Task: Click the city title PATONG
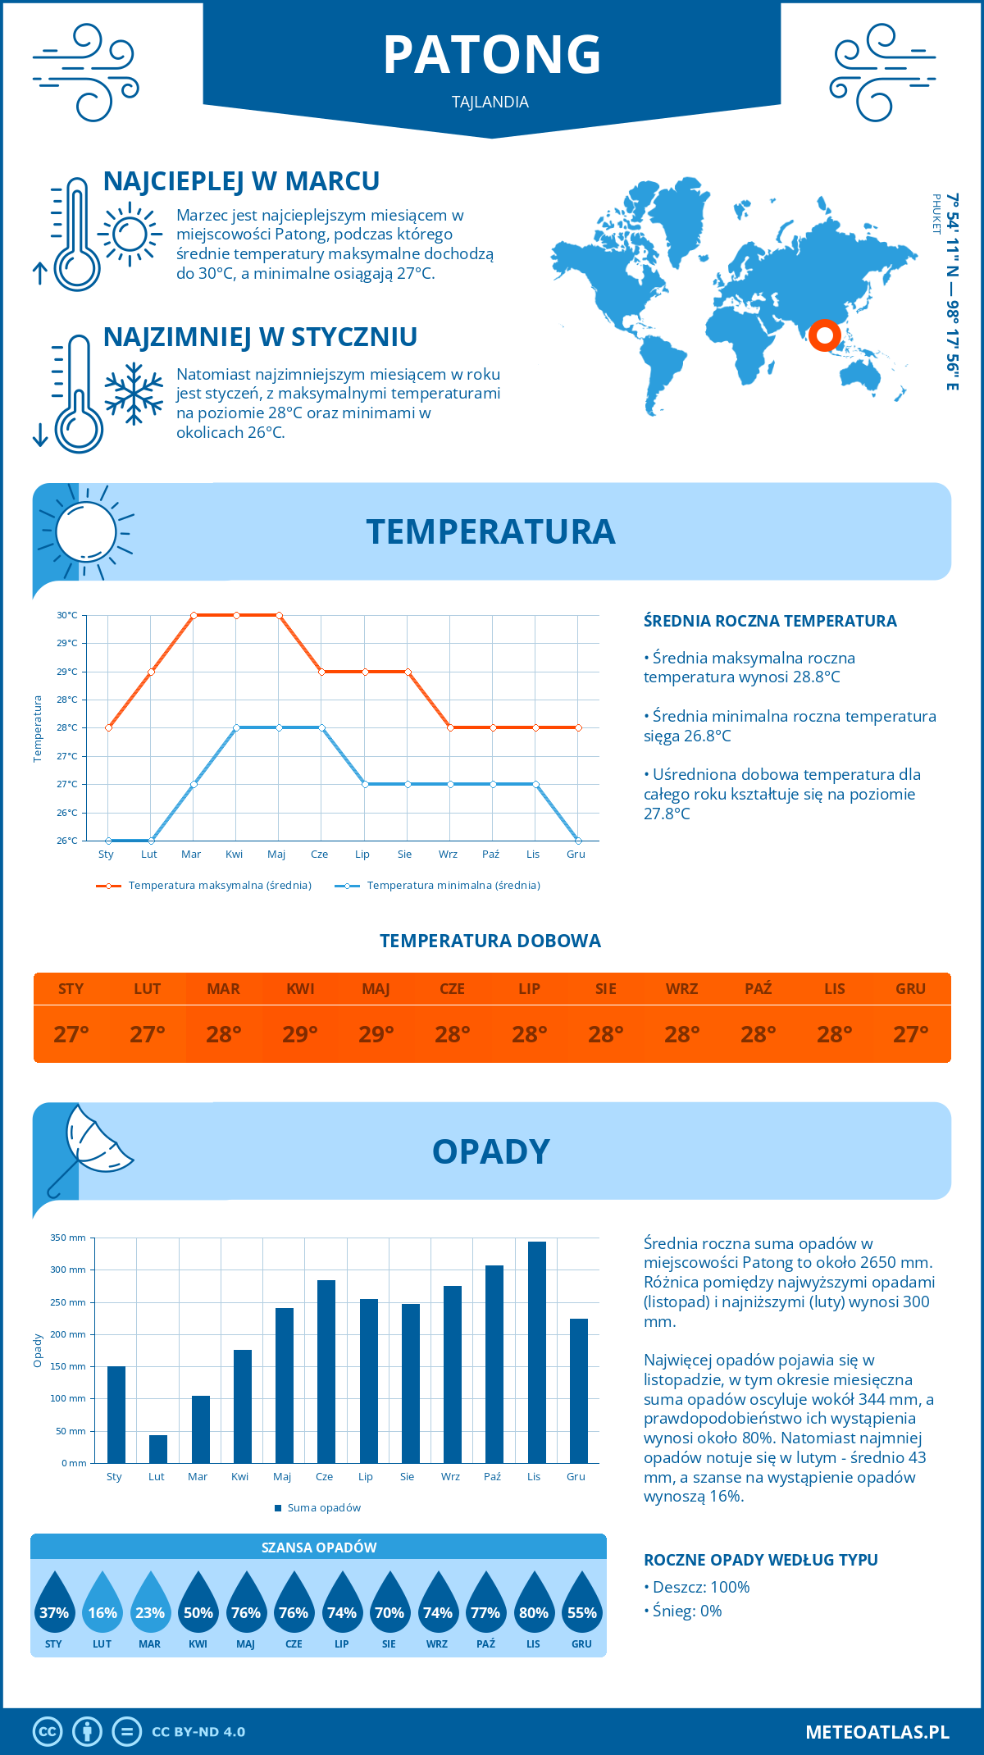492,55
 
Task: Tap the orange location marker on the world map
824,335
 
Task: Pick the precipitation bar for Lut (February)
158,1448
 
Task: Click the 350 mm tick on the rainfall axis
69,1238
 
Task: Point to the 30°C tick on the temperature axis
67,615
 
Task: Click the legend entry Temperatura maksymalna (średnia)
205,886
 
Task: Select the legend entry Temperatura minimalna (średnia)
443,886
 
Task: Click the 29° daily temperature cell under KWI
300,1034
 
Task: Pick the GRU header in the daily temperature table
910,989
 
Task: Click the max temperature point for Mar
194,615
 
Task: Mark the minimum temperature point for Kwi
236,727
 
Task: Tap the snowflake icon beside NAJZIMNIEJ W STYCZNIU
134,394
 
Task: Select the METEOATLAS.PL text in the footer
877,1732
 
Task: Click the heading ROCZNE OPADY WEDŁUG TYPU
760,1560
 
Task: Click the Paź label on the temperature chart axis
490,855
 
